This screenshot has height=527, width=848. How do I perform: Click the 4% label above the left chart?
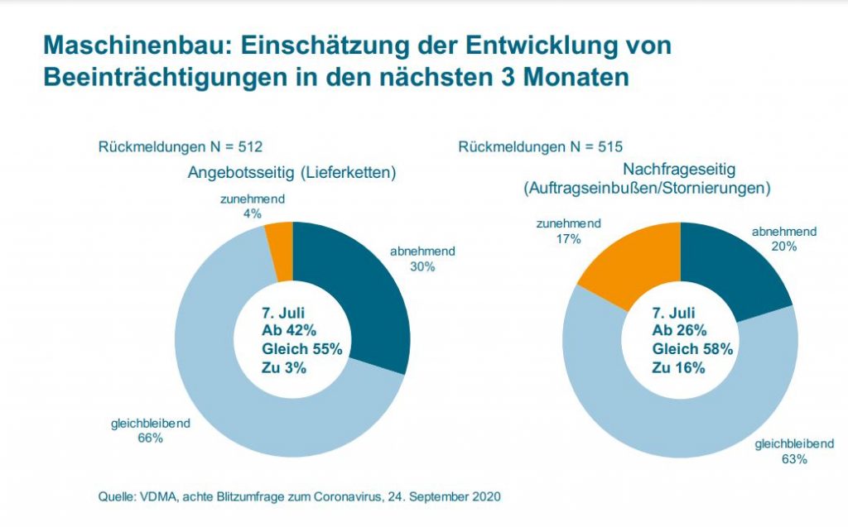[252, 213]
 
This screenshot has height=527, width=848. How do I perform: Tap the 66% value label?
[150, 438]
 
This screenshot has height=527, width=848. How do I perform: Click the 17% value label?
[570, 238]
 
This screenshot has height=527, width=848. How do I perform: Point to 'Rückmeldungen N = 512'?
[181, 147]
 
